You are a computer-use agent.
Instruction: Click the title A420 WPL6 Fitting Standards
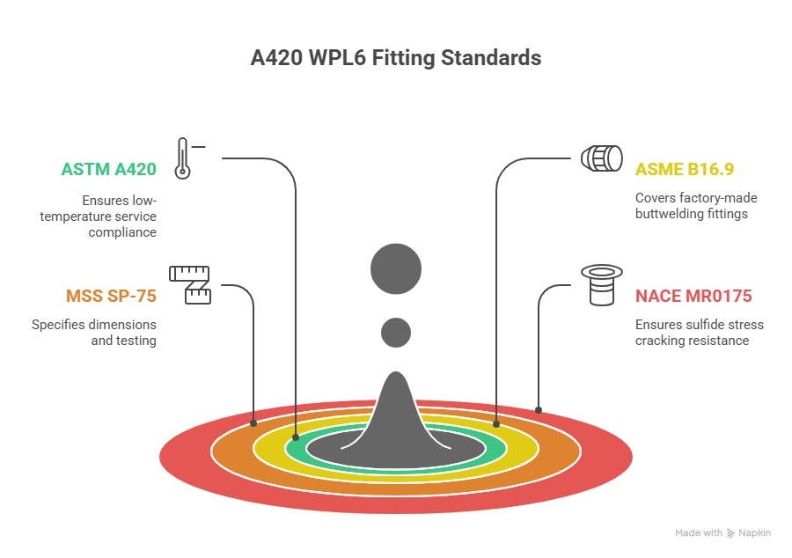coord(395,59)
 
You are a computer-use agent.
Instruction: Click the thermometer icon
coord(183,158)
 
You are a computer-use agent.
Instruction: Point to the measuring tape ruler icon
coord(190,284)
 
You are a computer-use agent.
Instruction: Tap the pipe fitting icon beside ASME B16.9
coord(603,159)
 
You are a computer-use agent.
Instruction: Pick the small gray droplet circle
coord(396,333)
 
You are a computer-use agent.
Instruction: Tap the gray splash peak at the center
coord(396,414)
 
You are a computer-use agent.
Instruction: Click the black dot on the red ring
coord(539,410)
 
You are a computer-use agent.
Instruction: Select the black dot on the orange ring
coord(254,423)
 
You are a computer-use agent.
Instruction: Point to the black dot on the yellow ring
coord(496,424)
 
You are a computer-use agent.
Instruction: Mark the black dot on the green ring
coord(297,437)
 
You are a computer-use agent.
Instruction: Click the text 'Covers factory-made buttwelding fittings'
coord(696,206)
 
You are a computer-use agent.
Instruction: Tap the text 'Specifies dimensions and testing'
coord(94,333)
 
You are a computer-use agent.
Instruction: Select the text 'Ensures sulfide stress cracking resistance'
coord(699,333)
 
